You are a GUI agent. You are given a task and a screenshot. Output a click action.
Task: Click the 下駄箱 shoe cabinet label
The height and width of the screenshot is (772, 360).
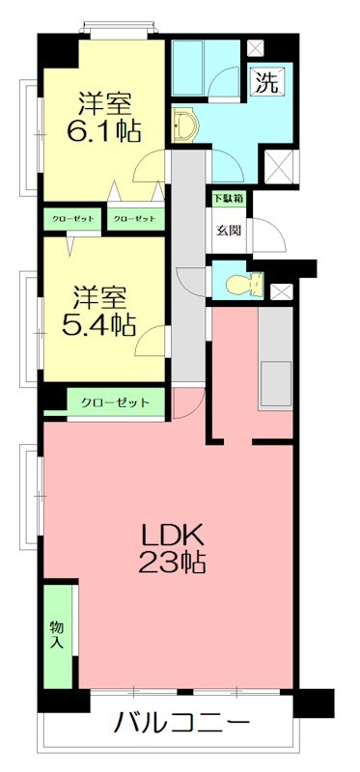[230, 200]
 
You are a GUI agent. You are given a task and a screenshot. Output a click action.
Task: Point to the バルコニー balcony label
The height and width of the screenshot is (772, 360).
[182, 721]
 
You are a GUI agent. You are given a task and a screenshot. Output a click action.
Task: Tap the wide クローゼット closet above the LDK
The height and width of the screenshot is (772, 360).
[115, 401]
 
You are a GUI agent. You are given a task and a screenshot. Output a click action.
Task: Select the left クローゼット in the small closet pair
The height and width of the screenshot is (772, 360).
[73, 219]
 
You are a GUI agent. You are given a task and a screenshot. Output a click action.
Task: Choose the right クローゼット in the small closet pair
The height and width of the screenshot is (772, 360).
[135, 219]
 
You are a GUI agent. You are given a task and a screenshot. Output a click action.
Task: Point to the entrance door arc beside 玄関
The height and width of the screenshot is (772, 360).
[268, 237]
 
